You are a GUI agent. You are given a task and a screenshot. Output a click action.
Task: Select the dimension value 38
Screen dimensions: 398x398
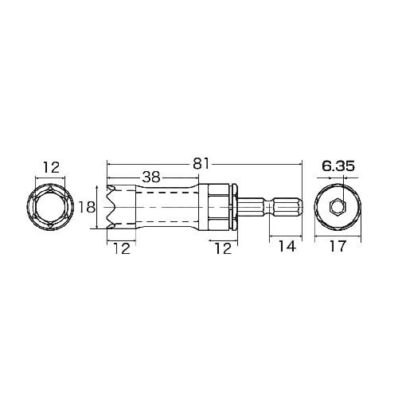(x=151, y=178)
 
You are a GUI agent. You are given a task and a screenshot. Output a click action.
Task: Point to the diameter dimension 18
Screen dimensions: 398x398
(x=87, y=208)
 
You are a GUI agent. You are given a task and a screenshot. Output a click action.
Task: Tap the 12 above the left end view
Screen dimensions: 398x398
(x=51, y=168)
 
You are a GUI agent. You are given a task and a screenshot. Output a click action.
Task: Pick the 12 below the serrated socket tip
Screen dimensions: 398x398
(x=122, y=248)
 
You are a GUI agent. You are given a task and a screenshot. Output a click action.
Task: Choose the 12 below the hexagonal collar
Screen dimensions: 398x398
(x=223, y=248)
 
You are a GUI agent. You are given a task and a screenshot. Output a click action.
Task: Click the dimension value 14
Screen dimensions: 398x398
(x=287, y=247)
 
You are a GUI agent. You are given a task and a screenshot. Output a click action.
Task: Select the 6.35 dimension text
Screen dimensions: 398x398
(x=338, y=166)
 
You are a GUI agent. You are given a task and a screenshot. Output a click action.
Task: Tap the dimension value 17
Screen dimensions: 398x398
(x=338, y=247)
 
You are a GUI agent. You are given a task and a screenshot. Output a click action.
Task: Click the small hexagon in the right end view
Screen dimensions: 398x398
(x=338, y=206)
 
